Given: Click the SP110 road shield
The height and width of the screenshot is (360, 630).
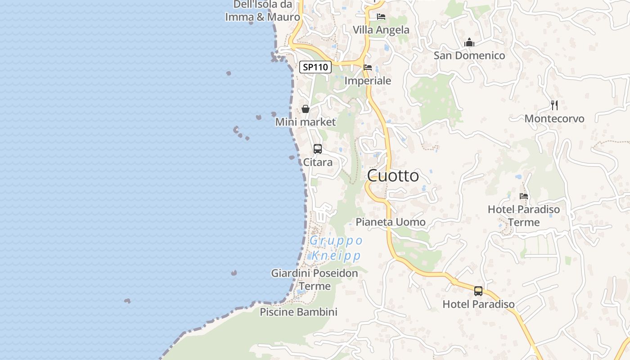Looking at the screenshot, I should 315,67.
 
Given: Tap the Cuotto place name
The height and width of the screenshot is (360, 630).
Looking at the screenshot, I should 393,175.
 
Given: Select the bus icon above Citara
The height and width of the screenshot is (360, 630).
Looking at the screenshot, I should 318,149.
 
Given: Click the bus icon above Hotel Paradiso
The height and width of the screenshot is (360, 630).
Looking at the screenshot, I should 478,291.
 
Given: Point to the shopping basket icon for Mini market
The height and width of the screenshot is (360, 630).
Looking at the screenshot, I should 306,109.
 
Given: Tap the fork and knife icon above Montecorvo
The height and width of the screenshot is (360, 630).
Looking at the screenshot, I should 554,105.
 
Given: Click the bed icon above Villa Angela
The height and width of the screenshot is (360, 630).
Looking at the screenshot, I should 381,17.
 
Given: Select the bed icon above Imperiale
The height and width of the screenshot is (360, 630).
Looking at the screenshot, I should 368,68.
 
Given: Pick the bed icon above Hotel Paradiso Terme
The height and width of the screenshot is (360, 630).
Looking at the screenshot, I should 524,196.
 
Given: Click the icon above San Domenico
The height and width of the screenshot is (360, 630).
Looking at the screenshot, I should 469,43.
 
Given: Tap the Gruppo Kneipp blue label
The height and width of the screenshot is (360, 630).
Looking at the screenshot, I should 336,248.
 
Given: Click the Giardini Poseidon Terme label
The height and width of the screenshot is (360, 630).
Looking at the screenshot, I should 315,279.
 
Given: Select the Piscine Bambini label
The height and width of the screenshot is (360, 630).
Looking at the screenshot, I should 298,312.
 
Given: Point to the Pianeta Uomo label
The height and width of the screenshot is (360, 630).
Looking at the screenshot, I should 391,222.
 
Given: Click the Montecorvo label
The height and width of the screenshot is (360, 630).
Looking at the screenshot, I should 554,119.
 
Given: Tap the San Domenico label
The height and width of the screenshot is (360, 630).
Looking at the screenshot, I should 469,55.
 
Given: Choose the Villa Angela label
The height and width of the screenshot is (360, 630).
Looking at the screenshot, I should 381,30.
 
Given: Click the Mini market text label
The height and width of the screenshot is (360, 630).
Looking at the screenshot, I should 306,122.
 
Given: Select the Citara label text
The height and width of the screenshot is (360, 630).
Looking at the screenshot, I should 318,162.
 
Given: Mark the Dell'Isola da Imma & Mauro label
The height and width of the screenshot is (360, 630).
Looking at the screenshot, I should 263,11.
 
